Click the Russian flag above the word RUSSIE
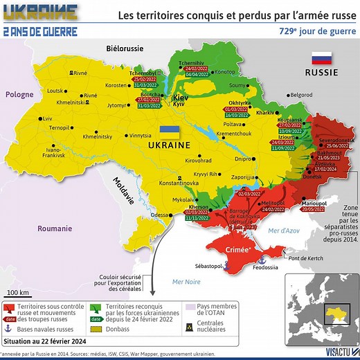[x=322, y=58]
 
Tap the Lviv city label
[x=47, y=118]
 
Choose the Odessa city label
[x=159, y=215]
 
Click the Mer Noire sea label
[x=187, y=281]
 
